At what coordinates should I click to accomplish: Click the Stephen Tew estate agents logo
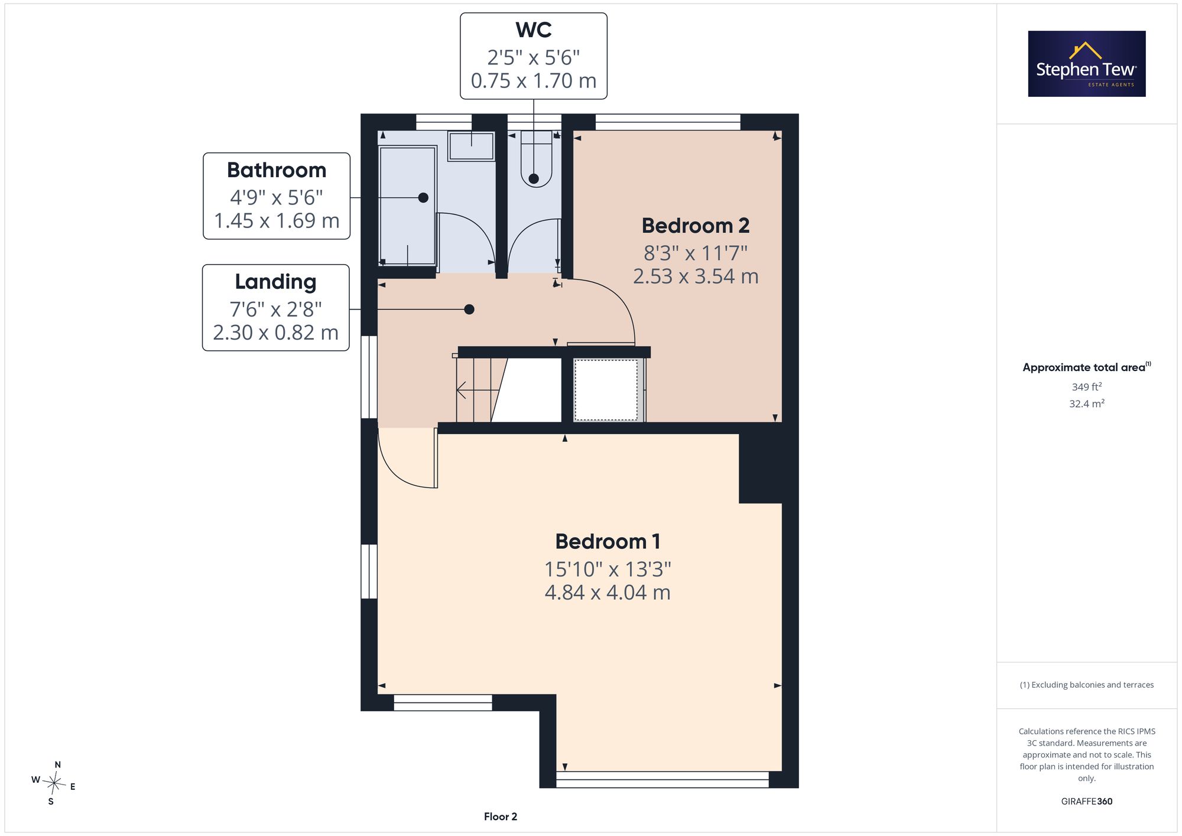[x=1086, y=64]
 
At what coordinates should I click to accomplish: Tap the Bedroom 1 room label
[x=608, y=542]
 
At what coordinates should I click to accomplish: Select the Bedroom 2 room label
[x=696, y=226]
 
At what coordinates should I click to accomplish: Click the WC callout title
[x=534, y=30]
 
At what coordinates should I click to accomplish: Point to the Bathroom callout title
[x=277, y=170]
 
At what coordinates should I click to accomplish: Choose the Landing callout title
[x=275, y=282]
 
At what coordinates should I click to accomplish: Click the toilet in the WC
[x=536, y=159]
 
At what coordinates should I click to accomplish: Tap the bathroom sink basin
[x=471, y=146]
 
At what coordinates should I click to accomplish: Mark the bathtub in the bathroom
[x=407, y=206]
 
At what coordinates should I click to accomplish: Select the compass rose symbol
[x=54, y=784]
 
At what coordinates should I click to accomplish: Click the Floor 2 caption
[x=501, y=817]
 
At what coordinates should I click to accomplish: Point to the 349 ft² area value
[x=1087, y=386]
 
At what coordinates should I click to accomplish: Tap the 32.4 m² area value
[x=1087, y=404]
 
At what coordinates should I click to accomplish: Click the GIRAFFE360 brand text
[x=1087, y=801]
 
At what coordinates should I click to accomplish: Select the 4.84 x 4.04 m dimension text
[x=608, y=593]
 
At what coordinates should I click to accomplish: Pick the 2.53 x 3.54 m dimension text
[x=696, y=277]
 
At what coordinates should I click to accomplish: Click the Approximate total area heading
[x=1087, y=367]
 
